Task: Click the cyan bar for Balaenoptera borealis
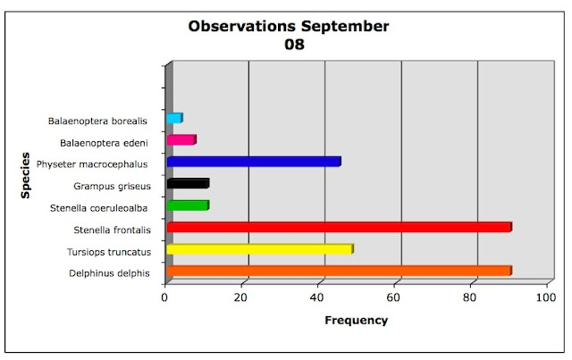(175, 118)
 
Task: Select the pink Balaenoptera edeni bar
(181, 139)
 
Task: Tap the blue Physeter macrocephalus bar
(254, 162)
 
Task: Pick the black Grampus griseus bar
(188, 183)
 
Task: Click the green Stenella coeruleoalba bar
(188, 205)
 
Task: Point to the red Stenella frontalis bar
(340, 227)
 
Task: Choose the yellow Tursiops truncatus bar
(260, 248)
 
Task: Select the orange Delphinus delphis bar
(340, 271)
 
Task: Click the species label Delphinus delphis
(109, 273)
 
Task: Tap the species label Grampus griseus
(112, 187)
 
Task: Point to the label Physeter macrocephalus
(92, 164)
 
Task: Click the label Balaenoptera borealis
(97, 121)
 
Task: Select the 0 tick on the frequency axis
(164, 297)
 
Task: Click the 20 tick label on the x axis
(240, 297)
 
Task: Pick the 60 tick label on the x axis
(393, 297)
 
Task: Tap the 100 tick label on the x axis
(546, 297)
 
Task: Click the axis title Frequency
(356, 321)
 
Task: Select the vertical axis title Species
(25, 175)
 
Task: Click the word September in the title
(345, 27)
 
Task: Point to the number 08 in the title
(294, 45)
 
